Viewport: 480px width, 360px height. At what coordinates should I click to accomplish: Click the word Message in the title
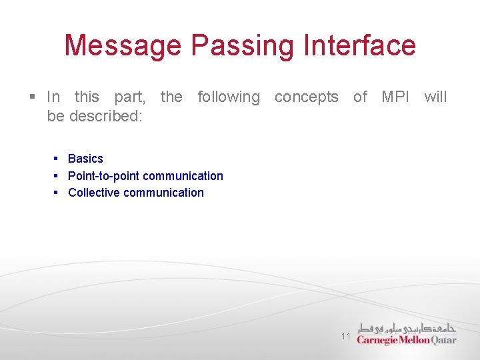[123, 45]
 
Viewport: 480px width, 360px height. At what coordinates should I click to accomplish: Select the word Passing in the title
[241, 45]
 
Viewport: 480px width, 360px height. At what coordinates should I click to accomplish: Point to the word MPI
[395, 97]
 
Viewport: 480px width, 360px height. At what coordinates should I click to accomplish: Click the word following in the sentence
[229, 97]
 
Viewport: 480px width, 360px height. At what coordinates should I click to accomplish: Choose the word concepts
[306, 97]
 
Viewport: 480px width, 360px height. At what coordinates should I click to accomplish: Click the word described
[107, 117]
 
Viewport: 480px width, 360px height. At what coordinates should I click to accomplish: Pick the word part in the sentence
[129, 97]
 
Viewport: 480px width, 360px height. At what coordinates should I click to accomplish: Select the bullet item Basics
[85, 159]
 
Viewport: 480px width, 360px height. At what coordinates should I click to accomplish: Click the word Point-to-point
[103, 176]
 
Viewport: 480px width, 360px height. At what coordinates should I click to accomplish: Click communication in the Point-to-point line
[183, 176]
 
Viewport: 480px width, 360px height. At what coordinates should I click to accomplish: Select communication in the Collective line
[163, 193]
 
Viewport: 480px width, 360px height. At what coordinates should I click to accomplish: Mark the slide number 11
[345, 336]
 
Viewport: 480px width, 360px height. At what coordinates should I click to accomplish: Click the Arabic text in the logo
[406, 327]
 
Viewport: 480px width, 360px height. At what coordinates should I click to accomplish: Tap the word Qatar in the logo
[444, 340]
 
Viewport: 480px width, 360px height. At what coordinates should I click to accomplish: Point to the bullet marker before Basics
[57, 159]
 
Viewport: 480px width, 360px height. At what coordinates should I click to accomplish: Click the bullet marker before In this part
[33, 97]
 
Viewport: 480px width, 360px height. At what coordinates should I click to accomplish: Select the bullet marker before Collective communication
[57, 193]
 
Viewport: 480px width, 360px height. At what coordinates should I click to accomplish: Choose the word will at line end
[435, 97]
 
